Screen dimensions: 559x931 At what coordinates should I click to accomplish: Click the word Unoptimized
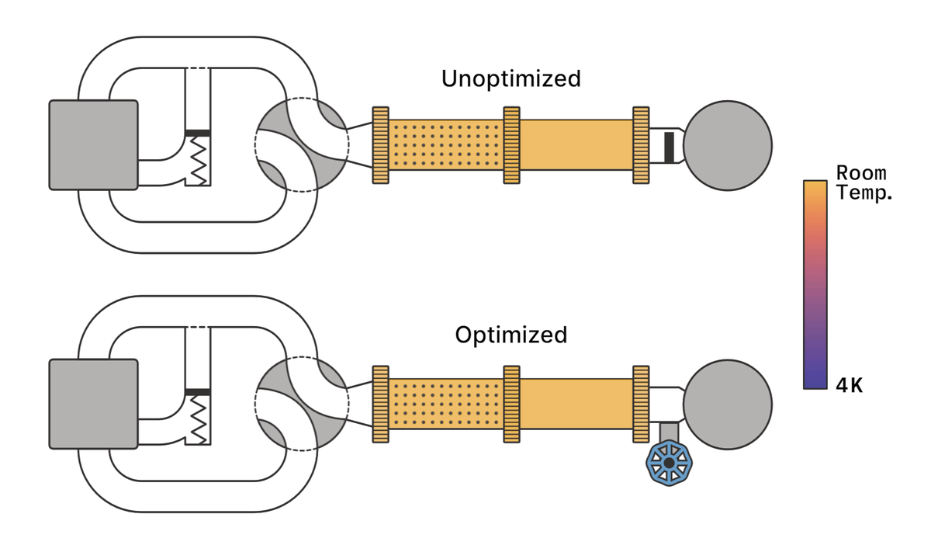point(510,78)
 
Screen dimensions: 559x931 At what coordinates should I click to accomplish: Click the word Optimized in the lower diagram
point(510,335)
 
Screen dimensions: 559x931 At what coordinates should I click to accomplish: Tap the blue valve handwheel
point(669,463)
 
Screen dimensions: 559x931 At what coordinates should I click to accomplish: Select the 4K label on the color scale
point(850,385)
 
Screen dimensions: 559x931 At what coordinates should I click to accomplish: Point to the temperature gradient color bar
point(815,284)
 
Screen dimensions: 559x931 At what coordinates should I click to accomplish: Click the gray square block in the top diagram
point(93,144)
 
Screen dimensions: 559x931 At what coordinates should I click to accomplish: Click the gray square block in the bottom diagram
point(93,404)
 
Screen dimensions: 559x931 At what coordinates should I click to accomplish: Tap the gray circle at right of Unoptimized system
point(727,144)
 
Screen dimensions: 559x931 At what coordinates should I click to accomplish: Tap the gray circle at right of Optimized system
point(727,404)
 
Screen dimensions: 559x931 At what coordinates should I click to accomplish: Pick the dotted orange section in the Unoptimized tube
point(445,145)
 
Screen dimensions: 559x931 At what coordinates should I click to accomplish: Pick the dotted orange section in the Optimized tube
point(445,404)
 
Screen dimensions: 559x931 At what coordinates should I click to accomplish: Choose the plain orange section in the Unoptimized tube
point(576,145)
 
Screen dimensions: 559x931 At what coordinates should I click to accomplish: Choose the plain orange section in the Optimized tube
point(576,404)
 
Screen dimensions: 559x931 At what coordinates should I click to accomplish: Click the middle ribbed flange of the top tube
point(511,145)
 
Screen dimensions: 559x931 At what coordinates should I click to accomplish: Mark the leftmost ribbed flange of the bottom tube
point(380,404)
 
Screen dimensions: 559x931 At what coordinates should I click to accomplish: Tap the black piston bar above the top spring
point(199,133)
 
